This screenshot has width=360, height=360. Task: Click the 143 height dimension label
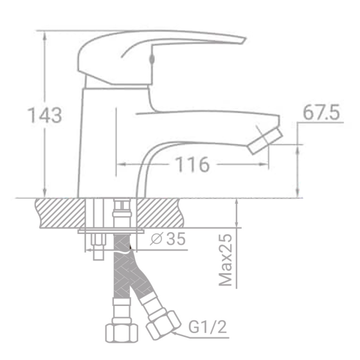[x=44, y=116]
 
